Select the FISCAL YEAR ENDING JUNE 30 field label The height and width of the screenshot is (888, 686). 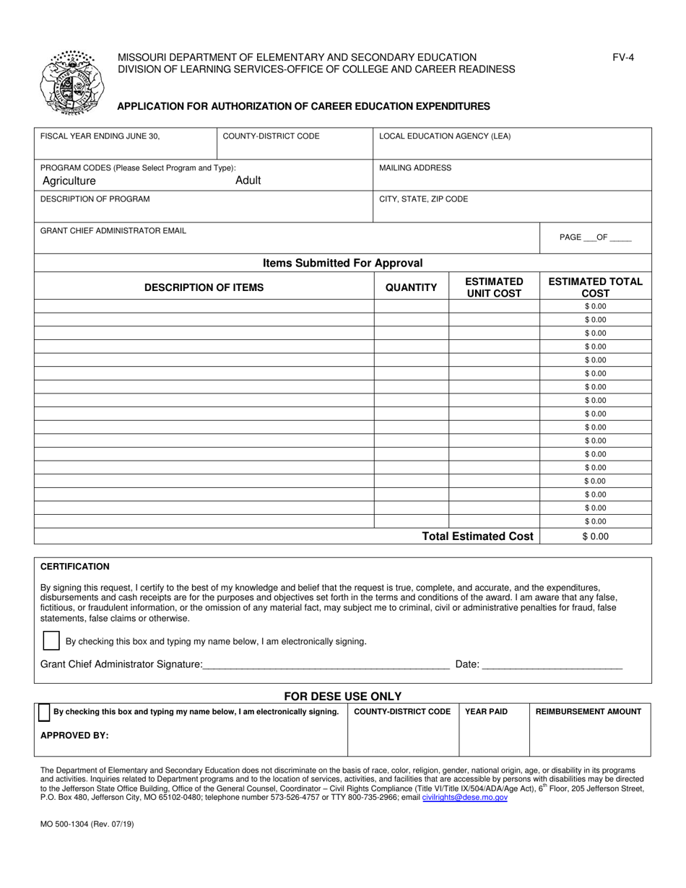click(x=100, y=136)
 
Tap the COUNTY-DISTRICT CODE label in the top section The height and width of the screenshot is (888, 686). click(x=271, y=136)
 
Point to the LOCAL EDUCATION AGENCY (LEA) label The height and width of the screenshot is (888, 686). click(x=445, y=136)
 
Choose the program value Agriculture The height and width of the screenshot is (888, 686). click(x=69, y=180)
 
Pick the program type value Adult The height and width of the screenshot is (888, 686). click(x=248, y=180)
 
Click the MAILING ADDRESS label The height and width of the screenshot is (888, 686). click(x=415, y=167)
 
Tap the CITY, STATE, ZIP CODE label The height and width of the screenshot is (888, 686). click(x=424, y=199)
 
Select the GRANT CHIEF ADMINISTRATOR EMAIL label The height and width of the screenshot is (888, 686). click(x=113, y=230)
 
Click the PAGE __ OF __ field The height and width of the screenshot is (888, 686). click(x=596, y=238)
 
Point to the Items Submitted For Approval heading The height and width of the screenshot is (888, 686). click(x=343, y=264)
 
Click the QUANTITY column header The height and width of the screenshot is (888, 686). click(x=411, y=287)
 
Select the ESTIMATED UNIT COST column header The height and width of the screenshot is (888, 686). click(x=494, y=287)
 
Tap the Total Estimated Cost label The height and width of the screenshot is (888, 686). click(x=478, y=536)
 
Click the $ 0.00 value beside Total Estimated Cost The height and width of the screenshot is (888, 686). click(x=596, y=536)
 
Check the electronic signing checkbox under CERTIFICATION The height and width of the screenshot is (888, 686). click(x=51, y=640)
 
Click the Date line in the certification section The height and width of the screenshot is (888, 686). click(x=551, y=664)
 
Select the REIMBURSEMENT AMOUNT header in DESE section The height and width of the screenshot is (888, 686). click(x=589, y=712)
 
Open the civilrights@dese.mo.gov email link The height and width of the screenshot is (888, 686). click(x=465, y=798)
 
